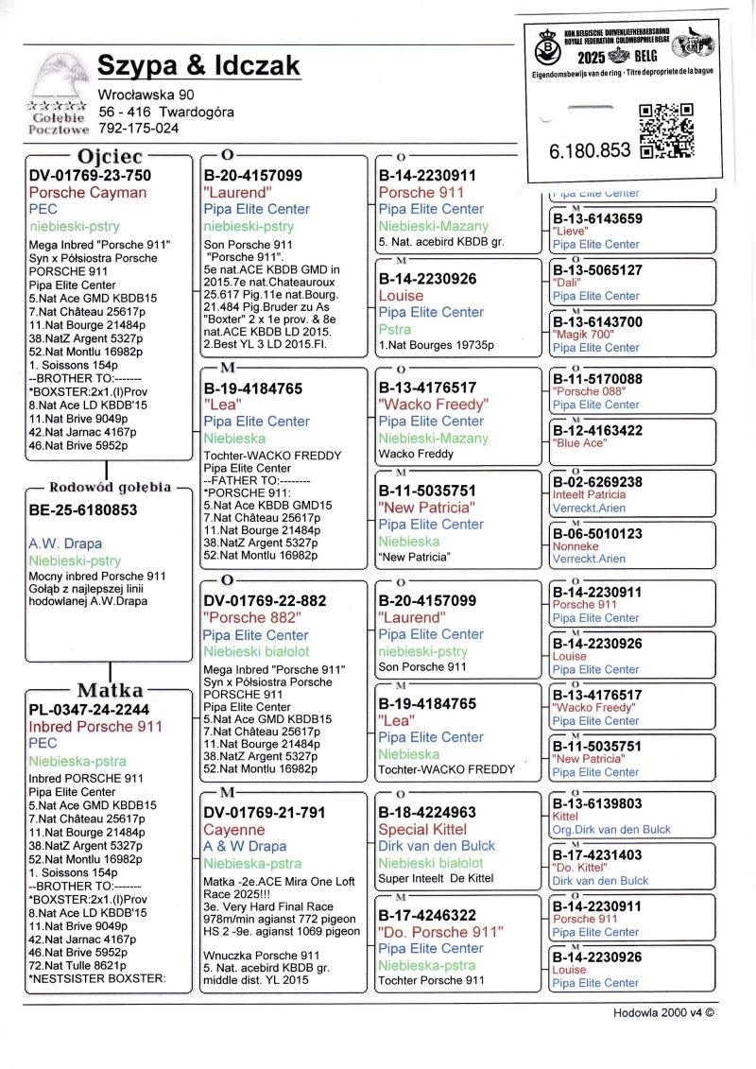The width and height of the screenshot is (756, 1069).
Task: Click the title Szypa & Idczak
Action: [x=198, y=66]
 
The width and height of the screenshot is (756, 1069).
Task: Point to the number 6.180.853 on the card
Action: [x=589, y=150]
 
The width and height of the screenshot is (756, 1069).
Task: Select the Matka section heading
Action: [x=112, y=690]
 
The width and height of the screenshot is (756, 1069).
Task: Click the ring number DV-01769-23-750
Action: [x=90, y=175]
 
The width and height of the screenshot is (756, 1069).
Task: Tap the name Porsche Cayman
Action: [x=88, y=193]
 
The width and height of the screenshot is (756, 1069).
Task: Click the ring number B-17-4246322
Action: [x=427, y=915]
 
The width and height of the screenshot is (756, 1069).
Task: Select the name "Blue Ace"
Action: [x=579, y=442]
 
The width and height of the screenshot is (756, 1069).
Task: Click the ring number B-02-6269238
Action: [x=597, y=482]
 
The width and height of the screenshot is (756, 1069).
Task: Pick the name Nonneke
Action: [x=576, y=546]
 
